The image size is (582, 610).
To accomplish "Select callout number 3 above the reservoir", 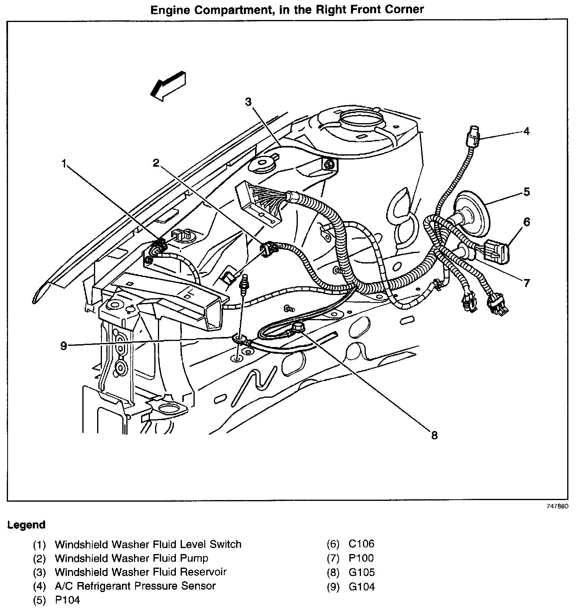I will point(249,102).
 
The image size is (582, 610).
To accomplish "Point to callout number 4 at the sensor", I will point(526,131).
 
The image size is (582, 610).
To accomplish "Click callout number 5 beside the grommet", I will point(526,192).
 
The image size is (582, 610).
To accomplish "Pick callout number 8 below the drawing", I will point(434,435).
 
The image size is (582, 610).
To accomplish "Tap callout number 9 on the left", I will point(64,346).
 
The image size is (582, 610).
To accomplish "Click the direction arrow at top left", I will point(167,86).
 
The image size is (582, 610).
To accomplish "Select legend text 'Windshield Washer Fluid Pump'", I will point(131,558).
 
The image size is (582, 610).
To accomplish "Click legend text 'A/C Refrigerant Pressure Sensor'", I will point(135,586).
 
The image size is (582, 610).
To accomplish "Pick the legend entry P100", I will point(361,558).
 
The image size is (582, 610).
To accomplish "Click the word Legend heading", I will point(26,525).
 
